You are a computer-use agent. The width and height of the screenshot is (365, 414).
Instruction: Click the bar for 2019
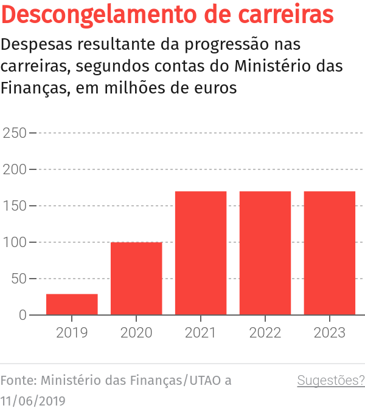(x=72, y=304)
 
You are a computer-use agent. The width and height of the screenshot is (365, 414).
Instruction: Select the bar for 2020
(x=136, y=279)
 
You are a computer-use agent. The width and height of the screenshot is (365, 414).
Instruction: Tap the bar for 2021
(x=201, y=253)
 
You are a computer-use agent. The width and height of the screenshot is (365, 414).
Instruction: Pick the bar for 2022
(x=265, y=253)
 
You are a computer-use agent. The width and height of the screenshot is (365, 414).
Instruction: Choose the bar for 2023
(x=330, y=253)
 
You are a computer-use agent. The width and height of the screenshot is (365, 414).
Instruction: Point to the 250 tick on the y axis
(x=15, y=133)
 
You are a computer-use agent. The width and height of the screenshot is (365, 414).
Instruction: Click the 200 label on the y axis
(x=15, y=169)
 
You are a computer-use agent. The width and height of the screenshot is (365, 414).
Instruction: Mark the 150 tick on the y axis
(x=15, y=206)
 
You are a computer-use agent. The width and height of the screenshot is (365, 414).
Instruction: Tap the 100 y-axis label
(x=15, y=242)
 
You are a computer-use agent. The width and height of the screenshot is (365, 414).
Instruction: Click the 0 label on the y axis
(x=23, y=315)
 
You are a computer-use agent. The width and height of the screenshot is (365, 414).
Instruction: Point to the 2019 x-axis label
(x=72, y=333)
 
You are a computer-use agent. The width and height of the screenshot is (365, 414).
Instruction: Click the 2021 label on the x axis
(x=201, y=333)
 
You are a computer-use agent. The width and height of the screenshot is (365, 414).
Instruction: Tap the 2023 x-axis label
(x=330, y=333)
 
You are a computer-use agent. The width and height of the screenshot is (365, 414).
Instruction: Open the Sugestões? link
(x=331, y=381)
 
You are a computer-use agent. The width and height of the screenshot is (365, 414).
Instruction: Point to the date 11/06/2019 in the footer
(x=33, y=401)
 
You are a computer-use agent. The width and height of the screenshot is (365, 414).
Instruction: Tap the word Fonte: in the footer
(x=19, y=381)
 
